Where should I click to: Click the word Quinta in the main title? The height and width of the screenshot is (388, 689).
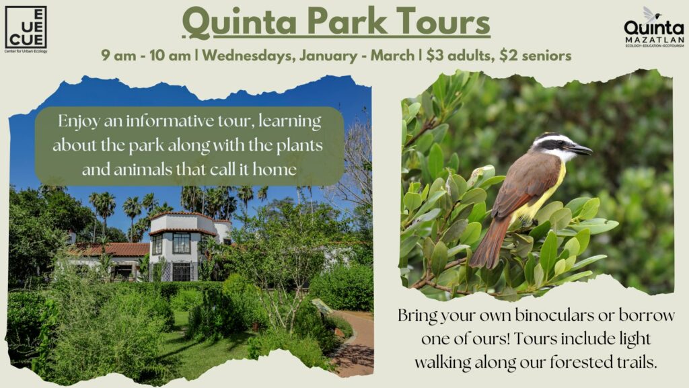[239, 22]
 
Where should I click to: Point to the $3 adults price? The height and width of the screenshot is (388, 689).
[460, 56]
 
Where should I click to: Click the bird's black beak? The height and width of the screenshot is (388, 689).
[581, 150]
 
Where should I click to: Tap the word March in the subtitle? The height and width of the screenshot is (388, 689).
[392, 56]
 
